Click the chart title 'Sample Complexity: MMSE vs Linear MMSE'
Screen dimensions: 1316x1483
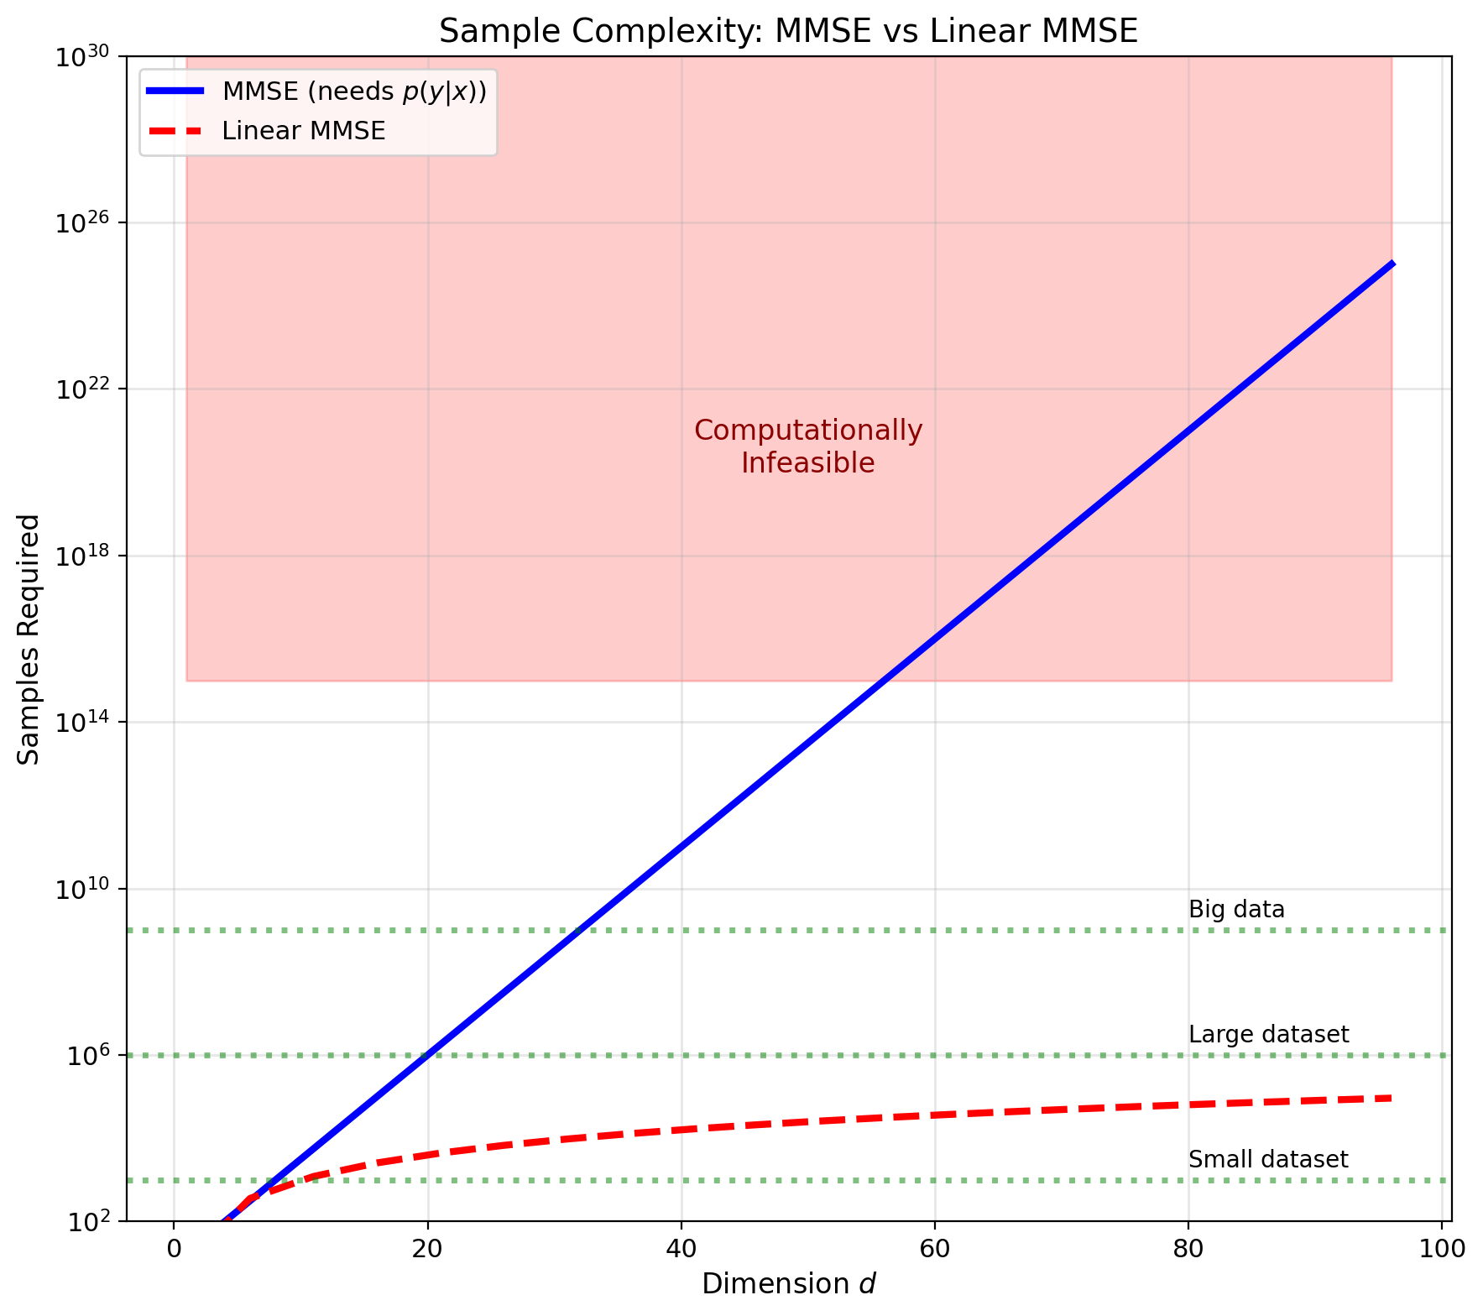pos(788,31)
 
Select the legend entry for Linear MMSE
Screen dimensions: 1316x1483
pos(303,131)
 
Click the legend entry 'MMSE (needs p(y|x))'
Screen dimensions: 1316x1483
pos(353,91)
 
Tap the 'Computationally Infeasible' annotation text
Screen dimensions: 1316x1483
pos(807,446)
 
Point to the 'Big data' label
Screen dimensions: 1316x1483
pos(1236,910)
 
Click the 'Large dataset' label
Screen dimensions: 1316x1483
pos(1268,1035)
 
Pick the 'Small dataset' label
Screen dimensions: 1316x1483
pos(1268,1160)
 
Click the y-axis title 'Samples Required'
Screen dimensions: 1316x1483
pos(29,639)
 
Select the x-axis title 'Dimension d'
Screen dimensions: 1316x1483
pos(788,1284)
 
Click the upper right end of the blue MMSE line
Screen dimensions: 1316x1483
pos(1392,264)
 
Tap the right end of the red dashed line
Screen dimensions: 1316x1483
pos(1391,1098)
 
